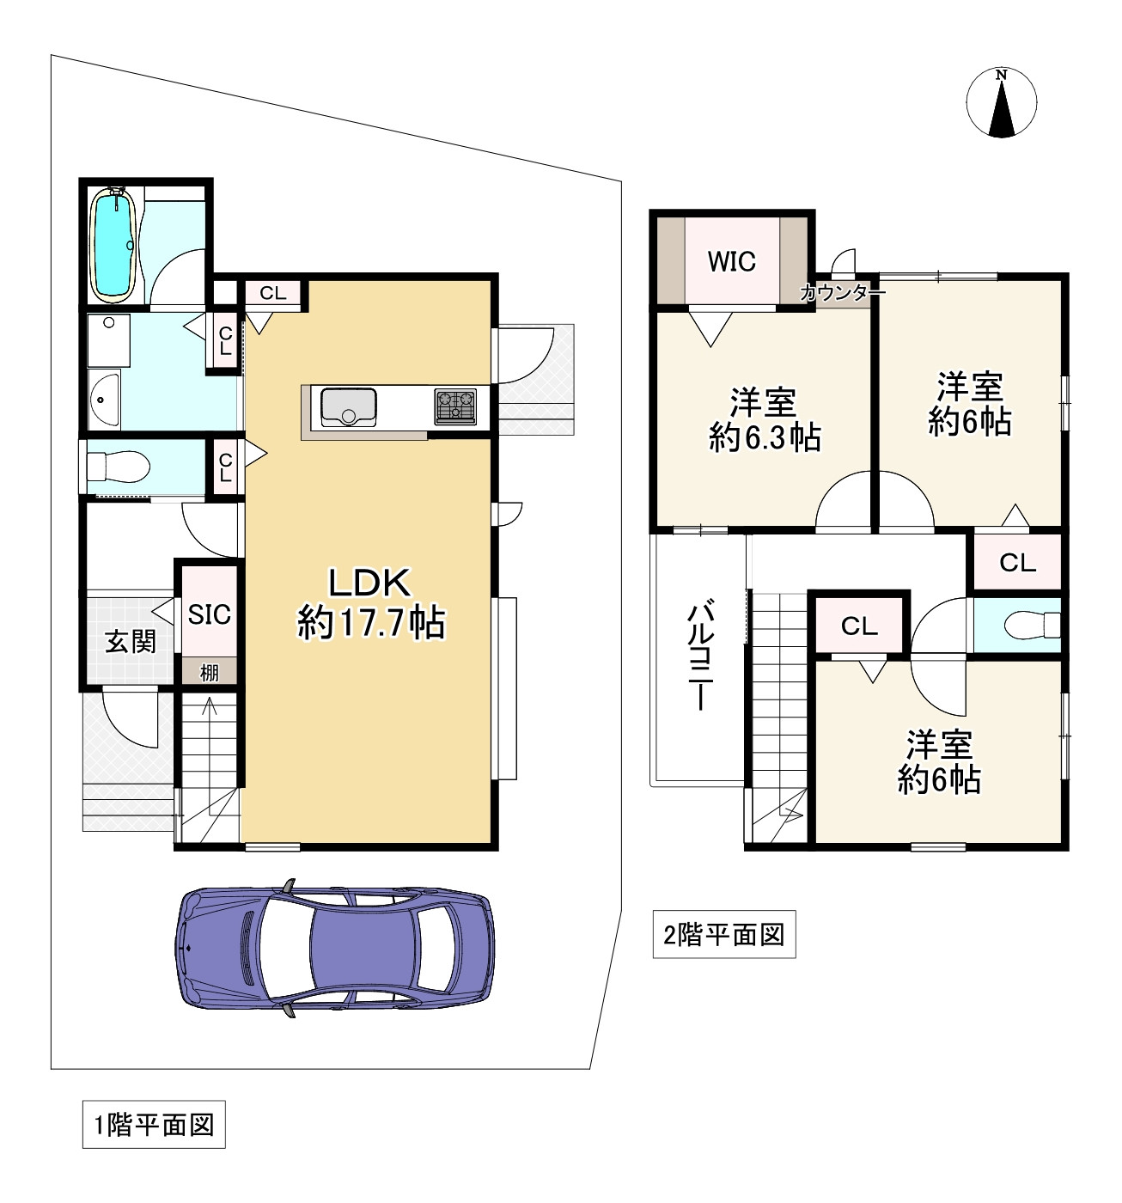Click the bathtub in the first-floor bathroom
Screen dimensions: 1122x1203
(x=112, y=246)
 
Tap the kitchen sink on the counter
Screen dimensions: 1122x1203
(x=348, y=406)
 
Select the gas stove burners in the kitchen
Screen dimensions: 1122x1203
(x=455, y=406)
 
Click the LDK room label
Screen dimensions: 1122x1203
(x=371, y=602)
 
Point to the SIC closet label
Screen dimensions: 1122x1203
(x=209, y=615)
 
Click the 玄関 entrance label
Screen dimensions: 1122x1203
(x=131, y=642)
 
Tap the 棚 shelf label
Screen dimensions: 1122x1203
(x=209, y=672)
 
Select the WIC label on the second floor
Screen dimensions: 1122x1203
(x=731, y=262)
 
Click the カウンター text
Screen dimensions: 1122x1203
(x=842, y=293)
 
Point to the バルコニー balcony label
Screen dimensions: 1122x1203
(x=701, y=654)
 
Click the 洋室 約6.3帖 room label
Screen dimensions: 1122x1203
(x=764, y=420)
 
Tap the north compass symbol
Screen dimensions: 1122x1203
(x=1001, y=101)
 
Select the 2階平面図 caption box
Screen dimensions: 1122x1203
(x=724, y=935)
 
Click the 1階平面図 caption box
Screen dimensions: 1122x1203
(x=154, y=1125)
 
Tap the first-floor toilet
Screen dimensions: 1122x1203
(x=118, y=467)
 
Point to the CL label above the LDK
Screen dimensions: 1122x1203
(x=272, y=293)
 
